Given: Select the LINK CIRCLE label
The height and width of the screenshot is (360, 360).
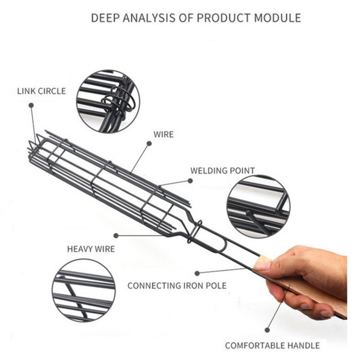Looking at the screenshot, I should coord(41,91).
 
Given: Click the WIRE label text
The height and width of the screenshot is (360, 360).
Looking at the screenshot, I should coord(163,134).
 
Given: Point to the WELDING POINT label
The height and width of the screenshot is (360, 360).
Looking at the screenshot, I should coord(222,171).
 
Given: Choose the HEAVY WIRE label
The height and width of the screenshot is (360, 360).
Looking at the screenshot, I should coord(91,248).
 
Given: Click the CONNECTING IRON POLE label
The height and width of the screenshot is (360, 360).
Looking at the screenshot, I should coord(177,285).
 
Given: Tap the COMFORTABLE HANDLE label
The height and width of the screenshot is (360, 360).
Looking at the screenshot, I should coord(272,346).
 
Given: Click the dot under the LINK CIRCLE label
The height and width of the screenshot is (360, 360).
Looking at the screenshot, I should coord(31,105).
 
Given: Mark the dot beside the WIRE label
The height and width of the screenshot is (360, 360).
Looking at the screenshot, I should coord(149,143).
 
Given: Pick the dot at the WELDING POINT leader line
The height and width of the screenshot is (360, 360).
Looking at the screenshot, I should coord(190,180).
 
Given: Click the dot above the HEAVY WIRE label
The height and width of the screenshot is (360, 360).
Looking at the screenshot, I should coord(116,235).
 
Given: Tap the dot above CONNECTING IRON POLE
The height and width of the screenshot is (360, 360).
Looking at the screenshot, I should coord(197,273).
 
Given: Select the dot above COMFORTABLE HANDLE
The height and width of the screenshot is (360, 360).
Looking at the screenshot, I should coord(267,330).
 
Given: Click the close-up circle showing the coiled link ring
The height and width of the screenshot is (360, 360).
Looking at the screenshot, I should coord(108,101).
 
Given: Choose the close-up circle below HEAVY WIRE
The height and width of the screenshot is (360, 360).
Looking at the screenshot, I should coord(83,290).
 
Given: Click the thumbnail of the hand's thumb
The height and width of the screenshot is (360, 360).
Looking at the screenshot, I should coord(263,265).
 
